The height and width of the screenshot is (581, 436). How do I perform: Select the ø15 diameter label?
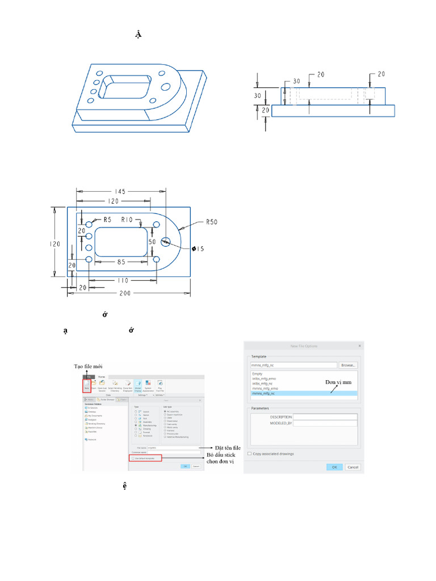pos(199,249)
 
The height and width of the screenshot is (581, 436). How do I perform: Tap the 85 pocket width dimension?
pos(121,262)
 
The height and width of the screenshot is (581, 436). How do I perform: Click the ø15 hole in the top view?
pos(166,241)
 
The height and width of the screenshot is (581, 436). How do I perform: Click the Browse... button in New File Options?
pos(349,366)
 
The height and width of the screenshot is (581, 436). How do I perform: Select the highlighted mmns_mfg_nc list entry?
pos(264,393)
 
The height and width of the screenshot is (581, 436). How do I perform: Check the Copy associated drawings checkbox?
pos(250,453)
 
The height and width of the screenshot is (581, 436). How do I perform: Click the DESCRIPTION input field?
pos(325,416)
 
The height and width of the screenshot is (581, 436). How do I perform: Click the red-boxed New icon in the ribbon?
pos(87,386)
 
